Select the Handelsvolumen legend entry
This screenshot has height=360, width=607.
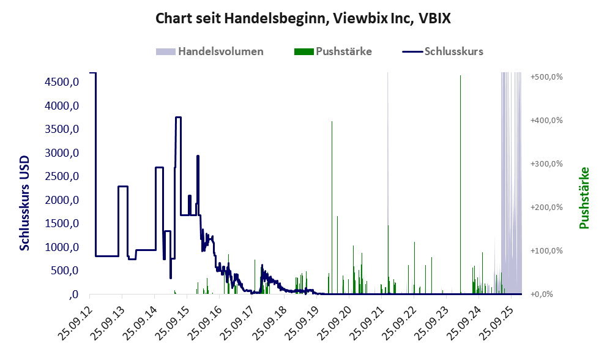220,51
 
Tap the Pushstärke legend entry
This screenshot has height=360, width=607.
343,51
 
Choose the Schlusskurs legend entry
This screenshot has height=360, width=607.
453,51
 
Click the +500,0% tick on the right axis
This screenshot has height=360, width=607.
546,77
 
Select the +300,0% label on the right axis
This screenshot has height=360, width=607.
546,164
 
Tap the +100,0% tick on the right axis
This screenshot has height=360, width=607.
546,251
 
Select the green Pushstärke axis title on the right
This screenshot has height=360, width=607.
584,198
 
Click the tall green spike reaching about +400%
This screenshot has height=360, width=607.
332,184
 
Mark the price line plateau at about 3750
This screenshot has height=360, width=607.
178,118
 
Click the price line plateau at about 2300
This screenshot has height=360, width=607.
123,186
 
